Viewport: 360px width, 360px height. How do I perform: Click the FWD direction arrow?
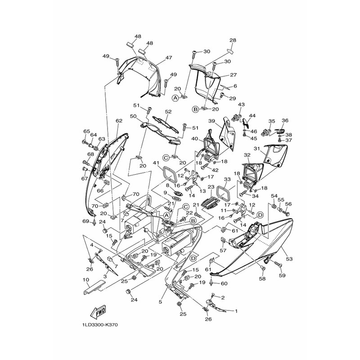click(99, 313)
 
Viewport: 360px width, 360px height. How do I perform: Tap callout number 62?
click(119, 121)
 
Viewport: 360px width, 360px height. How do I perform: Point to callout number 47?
click(169, 58)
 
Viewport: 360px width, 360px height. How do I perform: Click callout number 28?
click(233, 40)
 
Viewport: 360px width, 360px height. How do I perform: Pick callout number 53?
click(289, 259)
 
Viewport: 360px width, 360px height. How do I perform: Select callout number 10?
click(85, 280)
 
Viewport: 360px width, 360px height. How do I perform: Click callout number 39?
click(211, 121)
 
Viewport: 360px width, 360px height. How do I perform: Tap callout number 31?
click(256, 149)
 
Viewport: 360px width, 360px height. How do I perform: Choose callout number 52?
click(168, 111)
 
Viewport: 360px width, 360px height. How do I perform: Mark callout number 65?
click(86, 131)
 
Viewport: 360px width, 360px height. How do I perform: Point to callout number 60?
click(224, 283)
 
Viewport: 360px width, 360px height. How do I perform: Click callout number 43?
click(241, 104)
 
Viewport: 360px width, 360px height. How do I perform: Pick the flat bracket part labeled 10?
click(94, 287)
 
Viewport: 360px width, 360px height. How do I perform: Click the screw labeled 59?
click(278, 265)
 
